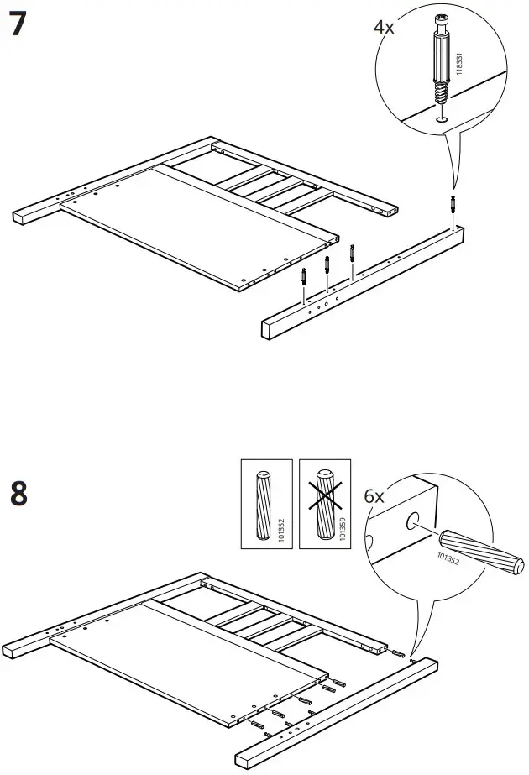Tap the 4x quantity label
point(383,28)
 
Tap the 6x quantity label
point(374,496)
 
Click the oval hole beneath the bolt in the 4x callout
point(442,119)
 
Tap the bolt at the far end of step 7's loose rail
point(453,205)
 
